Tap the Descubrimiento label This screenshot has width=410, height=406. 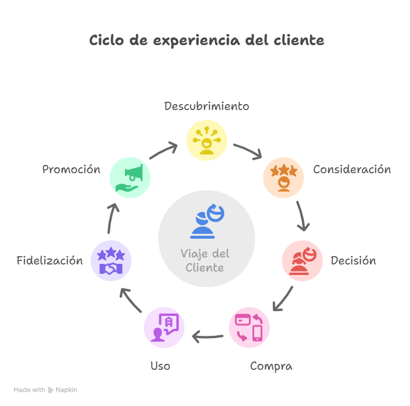(x=206, y=106)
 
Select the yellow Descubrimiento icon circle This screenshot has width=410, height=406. (x=206, y=140)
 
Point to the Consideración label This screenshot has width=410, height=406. (x=352, y=170)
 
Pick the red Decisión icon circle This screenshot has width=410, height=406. (x=302, y=260)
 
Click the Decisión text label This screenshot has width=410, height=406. (x=353, y=261)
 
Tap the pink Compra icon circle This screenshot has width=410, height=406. (x=249, y=328)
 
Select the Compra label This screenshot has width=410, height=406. (x=271, y=367)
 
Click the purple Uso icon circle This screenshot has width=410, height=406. (x=164, y=328)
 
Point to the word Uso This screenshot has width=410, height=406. (x=160, y=367)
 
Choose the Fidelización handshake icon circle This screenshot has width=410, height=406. (x=111, y=261)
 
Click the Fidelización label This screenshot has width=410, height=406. (x=50, y=261)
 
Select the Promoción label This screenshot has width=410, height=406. (x=71, y=170)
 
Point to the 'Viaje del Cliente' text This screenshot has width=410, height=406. (x=205, y=261)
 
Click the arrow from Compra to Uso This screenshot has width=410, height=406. (x=207, y=336)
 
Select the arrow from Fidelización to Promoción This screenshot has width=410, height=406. (x=113, y=217)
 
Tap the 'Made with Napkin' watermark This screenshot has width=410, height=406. (x=46, y=390)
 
